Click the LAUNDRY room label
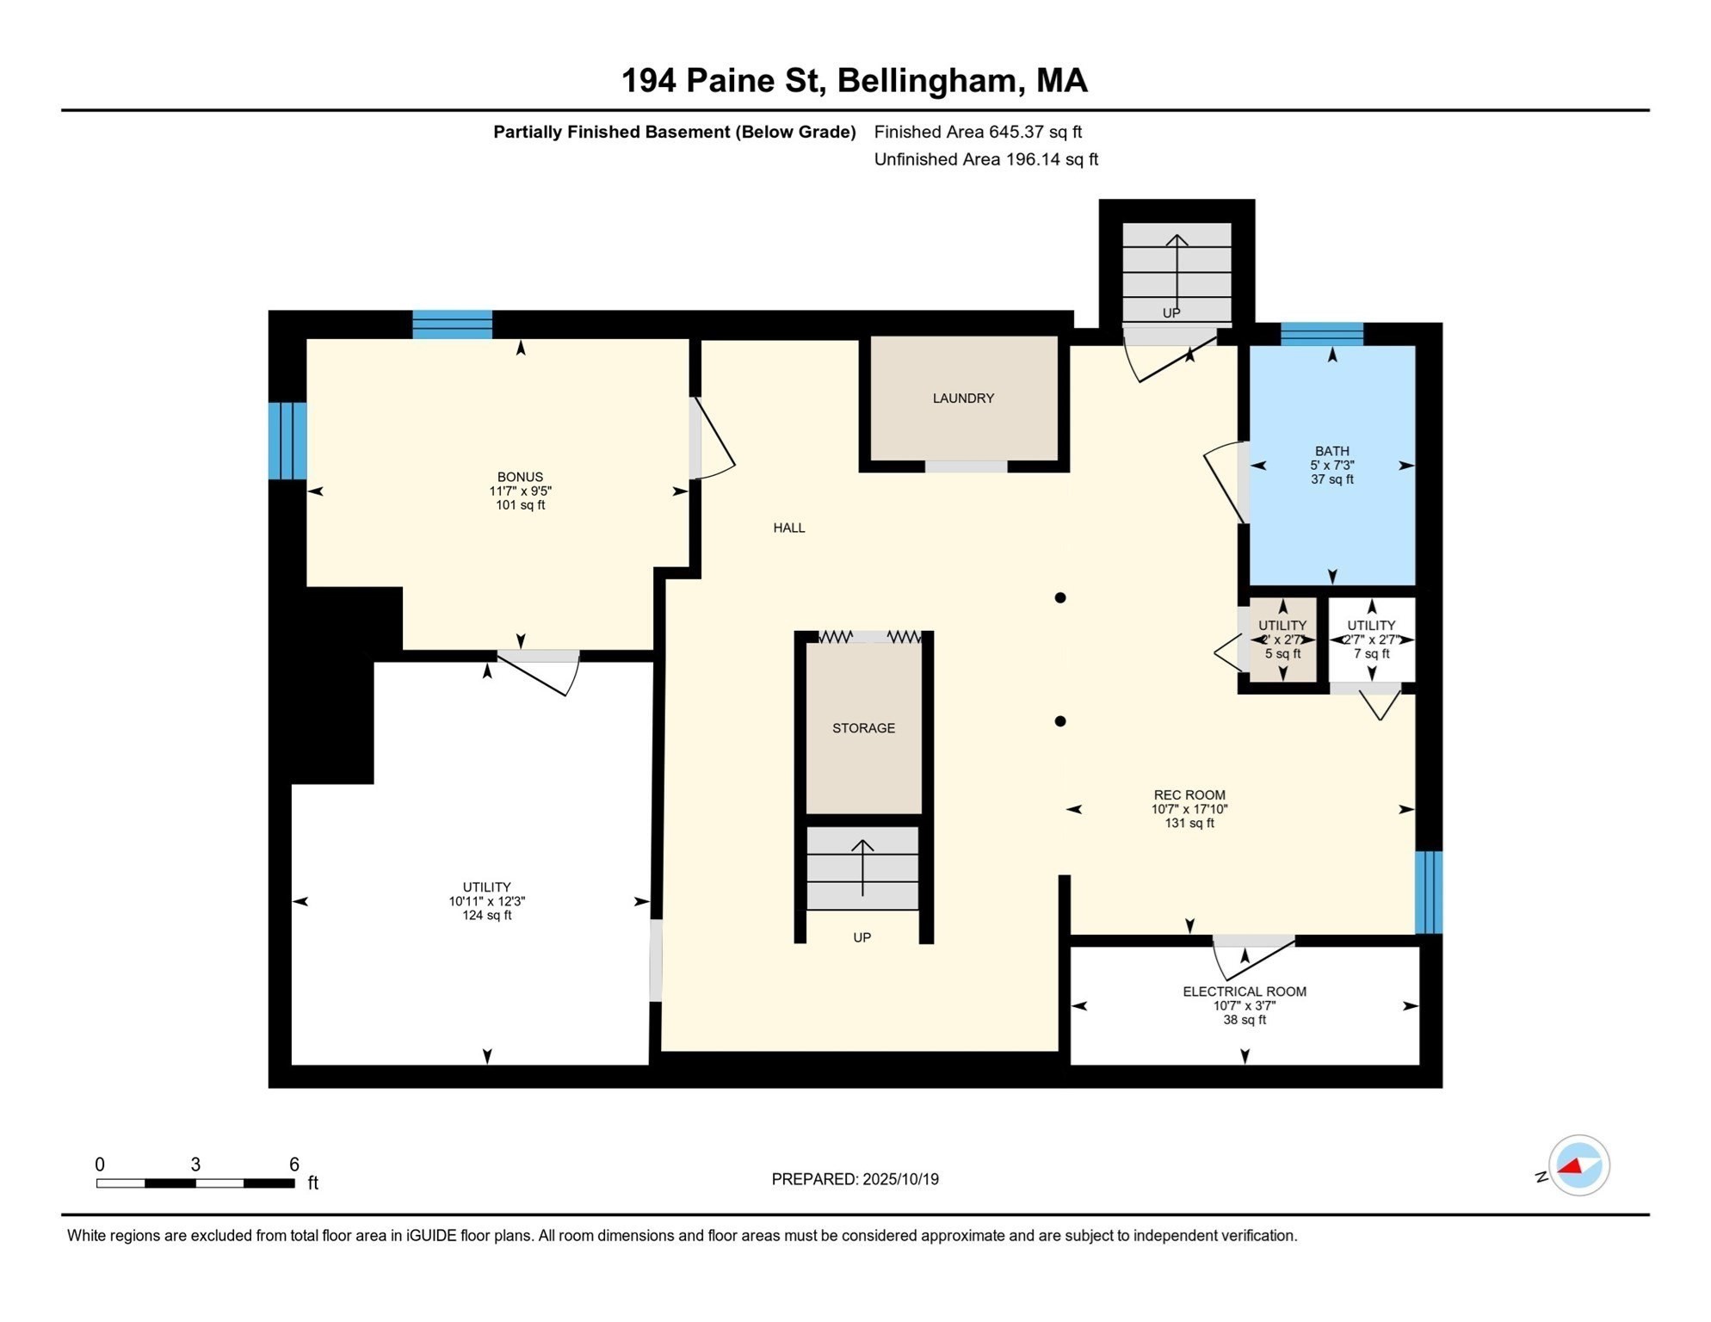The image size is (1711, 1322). (963, 398)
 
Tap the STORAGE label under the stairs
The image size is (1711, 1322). (863, 728)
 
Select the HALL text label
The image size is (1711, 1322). (788, 528)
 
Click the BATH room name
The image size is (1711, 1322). (1331, 451)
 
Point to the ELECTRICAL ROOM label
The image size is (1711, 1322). (1244, 991)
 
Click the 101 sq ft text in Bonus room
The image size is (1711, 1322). (520, 505)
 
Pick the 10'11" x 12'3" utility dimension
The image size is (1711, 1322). (486, 901)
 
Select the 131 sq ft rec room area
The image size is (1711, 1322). (1189, 823)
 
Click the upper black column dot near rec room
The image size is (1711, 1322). (1060, 597)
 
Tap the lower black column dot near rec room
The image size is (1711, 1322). (1060, 721)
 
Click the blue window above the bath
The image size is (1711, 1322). (1321, 334)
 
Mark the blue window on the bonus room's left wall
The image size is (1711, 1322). (287, 441)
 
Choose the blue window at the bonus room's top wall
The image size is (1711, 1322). (452, 324)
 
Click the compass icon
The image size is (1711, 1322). (1578, 1165)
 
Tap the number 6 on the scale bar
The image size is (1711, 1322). (293, 1164)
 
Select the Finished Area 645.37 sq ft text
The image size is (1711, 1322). (978, 132)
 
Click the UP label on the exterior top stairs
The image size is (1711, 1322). (1171, 313)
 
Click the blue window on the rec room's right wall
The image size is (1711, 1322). (1428, 892)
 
